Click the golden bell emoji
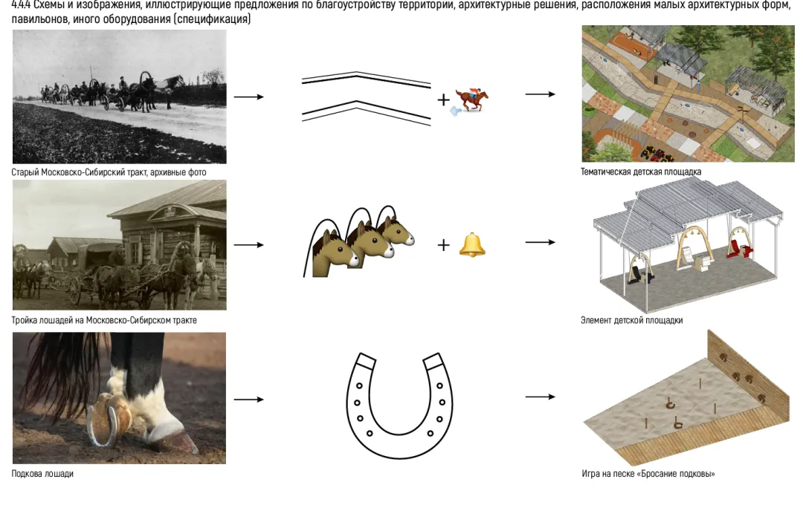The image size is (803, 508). tap(472, 244)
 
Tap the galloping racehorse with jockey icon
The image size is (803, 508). tap(471, 100)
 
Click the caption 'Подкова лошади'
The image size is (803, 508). tap(42, 474)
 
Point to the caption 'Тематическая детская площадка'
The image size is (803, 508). tap(640, 172)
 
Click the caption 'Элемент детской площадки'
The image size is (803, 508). tap(631, 321)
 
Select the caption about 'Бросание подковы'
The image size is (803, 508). tap(648, 474)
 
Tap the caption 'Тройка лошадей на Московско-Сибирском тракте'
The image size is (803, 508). tap(104, 321)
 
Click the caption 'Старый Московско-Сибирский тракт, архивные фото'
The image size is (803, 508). tap(109, 172)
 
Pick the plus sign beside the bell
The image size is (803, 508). tap(444, 245)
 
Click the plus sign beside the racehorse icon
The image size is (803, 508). tap(444, 100)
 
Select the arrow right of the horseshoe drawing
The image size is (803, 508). tap(541, 397)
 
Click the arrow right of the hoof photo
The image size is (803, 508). tap(249, 400)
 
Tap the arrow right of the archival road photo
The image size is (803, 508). tap(249, 97)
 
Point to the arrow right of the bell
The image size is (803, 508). tap(541, 242)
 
